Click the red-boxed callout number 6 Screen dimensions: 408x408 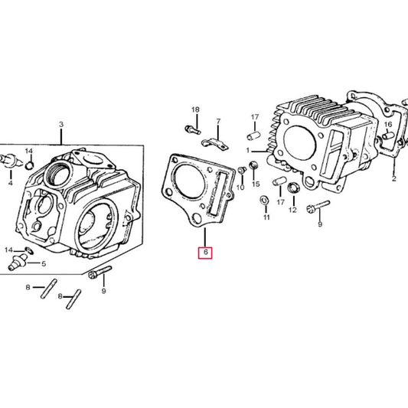click(x=205, y=253)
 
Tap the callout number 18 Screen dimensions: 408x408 click(x=194, y=110)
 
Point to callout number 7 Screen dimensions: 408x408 click(x=217, y=122)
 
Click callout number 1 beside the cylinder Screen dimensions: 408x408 click(x=249, y=152)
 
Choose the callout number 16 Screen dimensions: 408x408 click(x=388, y=124)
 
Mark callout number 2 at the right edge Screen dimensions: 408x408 click(x=393, y=178)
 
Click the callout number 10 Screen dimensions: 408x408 click(x=240, y=188)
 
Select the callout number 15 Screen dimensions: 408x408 click(x=256, y=184)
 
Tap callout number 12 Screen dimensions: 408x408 click(x=292, y=210)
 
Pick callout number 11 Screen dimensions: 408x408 click(x=266, y=217)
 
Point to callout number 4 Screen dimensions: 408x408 click(x=11, y=184)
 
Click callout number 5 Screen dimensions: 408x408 click(x=43, y=264)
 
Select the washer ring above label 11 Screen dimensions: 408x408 click(x=264, y=201)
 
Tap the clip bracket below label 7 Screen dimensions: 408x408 click(x=214, y=142)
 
